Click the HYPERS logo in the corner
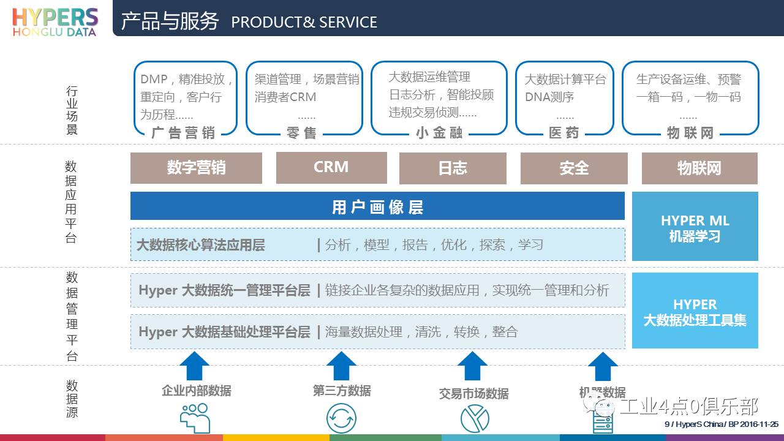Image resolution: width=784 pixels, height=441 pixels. point(55,21)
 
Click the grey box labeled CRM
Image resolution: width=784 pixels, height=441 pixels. point(331,167)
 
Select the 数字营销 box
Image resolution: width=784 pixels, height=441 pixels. point(196,167)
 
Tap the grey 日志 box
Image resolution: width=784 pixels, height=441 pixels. point(453,168)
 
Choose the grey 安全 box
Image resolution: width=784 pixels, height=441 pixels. point(574,168)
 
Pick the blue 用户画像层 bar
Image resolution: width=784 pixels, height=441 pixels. point(377,206)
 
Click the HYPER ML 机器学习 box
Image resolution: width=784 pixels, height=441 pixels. point(695,227)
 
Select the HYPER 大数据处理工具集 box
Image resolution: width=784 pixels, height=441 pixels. point(695,311)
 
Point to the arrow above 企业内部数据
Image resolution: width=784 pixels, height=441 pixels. point(194,366)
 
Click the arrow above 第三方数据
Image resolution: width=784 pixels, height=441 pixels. point(341,366)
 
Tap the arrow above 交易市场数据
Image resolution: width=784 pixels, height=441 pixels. point(473,366)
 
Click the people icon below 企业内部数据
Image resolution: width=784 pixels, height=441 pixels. point(195,418)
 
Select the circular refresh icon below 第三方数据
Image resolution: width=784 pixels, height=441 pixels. point(341,419)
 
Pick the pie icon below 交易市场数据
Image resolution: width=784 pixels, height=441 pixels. point(475,419)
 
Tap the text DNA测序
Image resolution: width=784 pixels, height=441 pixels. point(549,97)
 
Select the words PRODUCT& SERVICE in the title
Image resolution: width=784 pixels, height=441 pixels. point(304,23)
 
